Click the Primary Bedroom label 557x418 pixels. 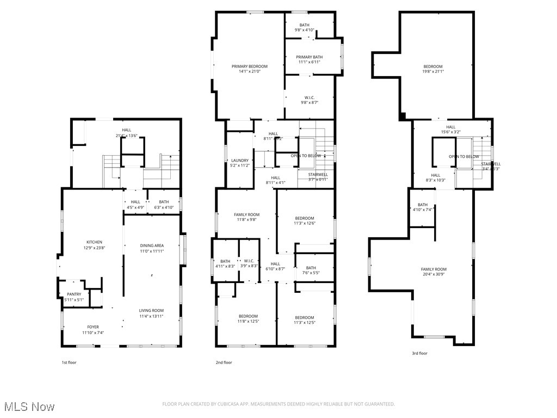click(x=250, y=66)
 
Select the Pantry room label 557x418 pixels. click(x=74, y=294)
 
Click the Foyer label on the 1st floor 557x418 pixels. click(x=93, y=327)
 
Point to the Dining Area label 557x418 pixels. click(x=151, y=245)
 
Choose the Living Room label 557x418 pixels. click(x=151, y=310)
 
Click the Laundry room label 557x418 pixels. click(x=239, y=161)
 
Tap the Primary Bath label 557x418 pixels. click(x=309, y=57)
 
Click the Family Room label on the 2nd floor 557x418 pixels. click(x=246, y=215)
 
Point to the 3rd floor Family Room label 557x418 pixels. click(x=434, y=269)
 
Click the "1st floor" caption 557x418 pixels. click(x=69, y=362)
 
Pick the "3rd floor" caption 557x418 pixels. click(x=419, y=353)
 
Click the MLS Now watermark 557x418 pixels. click(x=28, y=407)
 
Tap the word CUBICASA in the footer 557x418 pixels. click(x=220, y=404)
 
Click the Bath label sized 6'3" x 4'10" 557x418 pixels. click(x=164, y=202)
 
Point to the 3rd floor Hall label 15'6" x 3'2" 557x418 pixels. click(x=451, y=127)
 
